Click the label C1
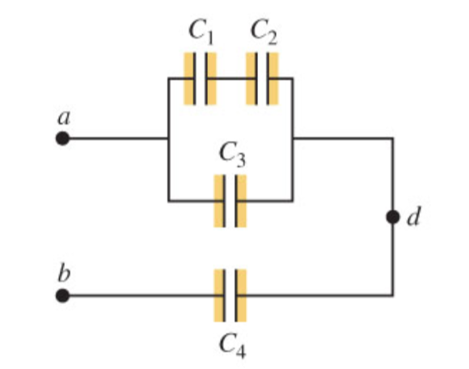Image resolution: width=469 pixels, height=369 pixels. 200,32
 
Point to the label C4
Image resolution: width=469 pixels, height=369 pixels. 230,346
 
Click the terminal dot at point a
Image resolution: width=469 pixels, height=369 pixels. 62,138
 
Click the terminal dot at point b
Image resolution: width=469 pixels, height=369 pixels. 62,296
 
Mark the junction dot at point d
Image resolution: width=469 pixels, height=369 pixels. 393,218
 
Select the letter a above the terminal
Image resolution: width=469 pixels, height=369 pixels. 63,117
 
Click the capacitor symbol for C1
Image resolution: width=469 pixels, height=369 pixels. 200,78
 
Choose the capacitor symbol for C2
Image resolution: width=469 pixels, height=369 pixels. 262,78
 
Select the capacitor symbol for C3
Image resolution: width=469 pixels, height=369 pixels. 230,200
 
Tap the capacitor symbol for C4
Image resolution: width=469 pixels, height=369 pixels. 230,296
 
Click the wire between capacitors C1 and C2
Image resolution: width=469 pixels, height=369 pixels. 230,78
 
